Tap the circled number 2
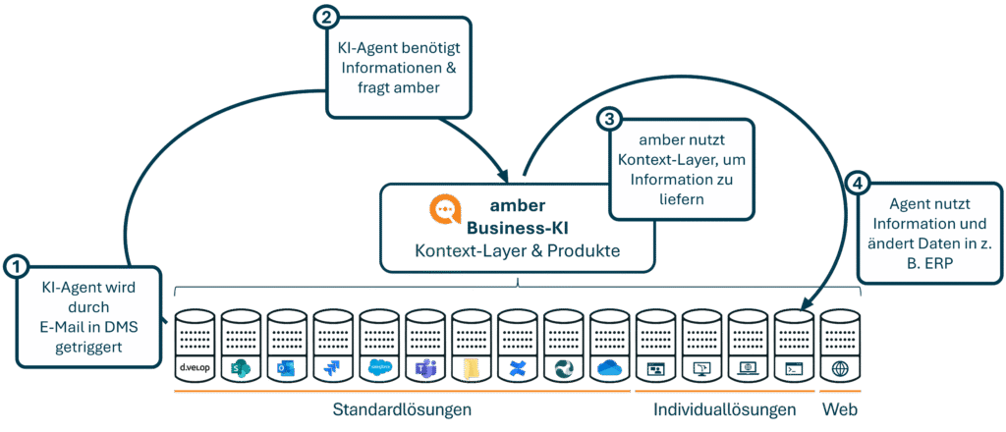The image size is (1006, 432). [x=325, y=16]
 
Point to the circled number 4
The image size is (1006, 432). [x=859, y=183]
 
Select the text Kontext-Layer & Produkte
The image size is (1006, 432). [x=517, y=250]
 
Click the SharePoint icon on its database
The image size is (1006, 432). [x=239, y=368]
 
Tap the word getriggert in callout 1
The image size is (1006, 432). [x=86, y=346]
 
